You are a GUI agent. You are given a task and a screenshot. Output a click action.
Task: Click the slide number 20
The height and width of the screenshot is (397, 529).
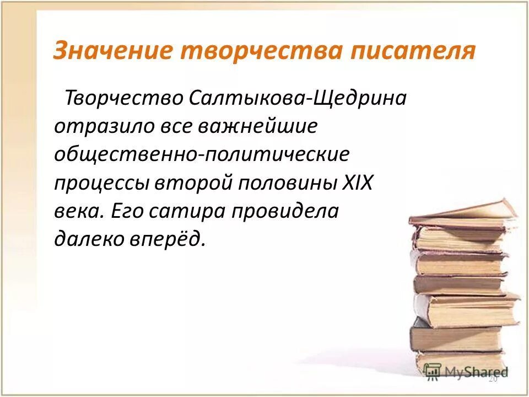click(493, 379)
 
